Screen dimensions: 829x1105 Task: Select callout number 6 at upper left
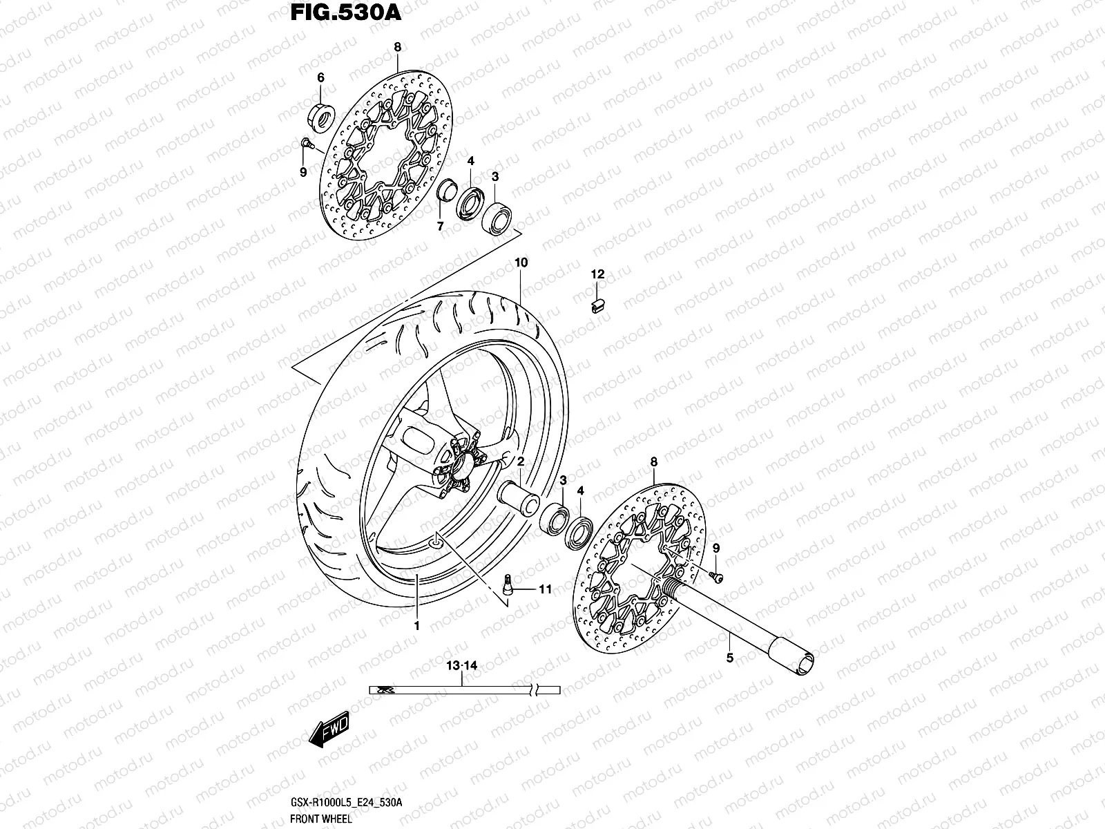click(x=320, y=78)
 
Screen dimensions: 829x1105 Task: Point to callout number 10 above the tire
click(x=521, y=263)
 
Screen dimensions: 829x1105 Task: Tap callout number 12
click(x=597, y=274)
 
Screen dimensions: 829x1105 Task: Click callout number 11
click(x=545, y=589)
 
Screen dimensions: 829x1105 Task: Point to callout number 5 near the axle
click(x=730, y=658)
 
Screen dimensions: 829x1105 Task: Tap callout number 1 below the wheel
click(x=416, y=625)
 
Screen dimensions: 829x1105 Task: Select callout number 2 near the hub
click(x=520, y=461)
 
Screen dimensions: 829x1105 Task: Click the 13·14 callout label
click(x=461, y=666)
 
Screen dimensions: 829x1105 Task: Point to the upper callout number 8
click(x=398, y=48)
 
